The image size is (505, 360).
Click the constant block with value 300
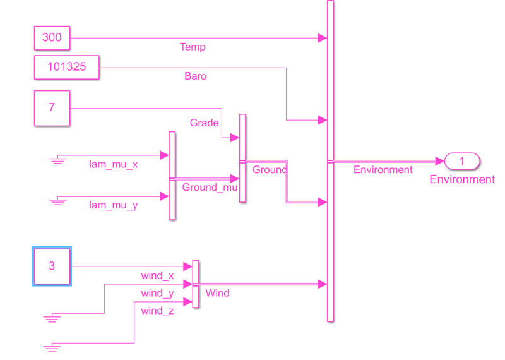[52, 38]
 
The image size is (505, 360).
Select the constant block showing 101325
[66, 66]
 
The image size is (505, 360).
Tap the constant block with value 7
[52, 108]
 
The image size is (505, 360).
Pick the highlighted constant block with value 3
[52, 267]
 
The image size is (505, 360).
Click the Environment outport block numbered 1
[462, 162]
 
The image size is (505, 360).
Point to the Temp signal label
[193, 47]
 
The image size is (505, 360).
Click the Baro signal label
[195, 76]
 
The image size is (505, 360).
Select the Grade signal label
[204, 123]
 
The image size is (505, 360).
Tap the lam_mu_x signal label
[114, 165]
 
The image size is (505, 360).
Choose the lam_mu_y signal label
[114, 205]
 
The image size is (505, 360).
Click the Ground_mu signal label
[210, 188]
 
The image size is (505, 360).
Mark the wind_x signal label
[157, 276]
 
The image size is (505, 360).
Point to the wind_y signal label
[157, 294]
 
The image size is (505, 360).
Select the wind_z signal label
[157, 311]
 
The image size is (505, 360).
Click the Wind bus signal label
[217, 293]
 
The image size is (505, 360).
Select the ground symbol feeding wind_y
[51, 317]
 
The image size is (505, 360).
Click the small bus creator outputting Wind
[196, 284]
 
